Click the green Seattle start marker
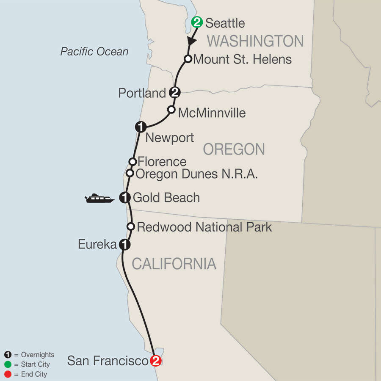[197, 22]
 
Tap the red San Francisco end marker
[156, 361]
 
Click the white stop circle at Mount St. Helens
[188, 59]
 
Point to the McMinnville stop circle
[171, 110]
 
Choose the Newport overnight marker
[141, 126]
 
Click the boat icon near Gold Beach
[100, 198]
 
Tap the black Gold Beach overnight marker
[125, 197]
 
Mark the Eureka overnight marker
[124, 244]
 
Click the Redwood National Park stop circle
[131, 226]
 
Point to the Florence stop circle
[133, 161]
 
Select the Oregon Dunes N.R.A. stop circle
[130, 173]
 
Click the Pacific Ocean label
[94, 52]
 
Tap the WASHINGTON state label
[255, 41]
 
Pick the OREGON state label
[234, 149]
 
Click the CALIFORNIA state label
[174, 264]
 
